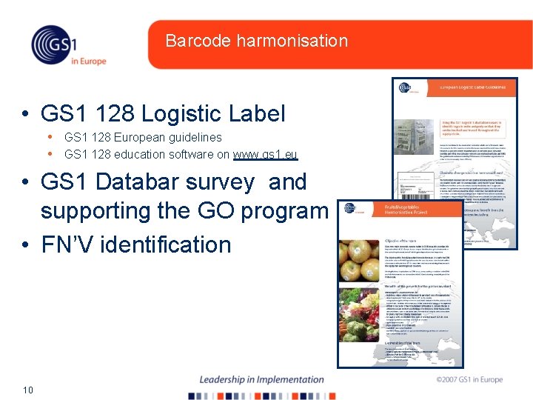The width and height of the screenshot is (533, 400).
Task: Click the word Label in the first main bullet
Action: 256,113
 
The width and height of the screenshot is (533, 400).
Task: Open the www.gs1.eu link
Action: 265,155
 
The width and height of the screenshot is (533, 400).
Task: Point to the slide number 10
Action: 29,390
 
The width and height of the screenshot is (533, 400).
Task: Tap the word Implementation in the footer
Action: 289,379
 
